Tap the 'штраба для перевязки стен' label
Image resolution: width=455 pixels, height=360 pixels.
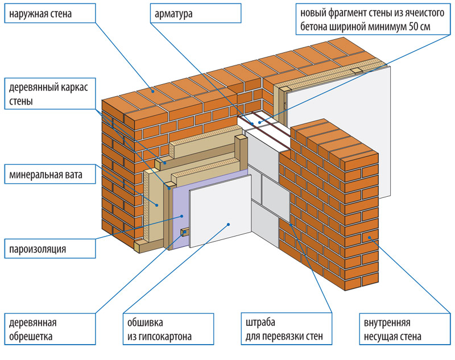click(x=284, y=329)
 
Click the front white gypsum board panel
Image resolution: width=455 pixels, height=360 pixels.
click(x=222, y=210)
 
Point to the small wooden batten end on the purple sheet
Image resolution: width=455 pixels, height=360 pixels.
click(x=184, y=233)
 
